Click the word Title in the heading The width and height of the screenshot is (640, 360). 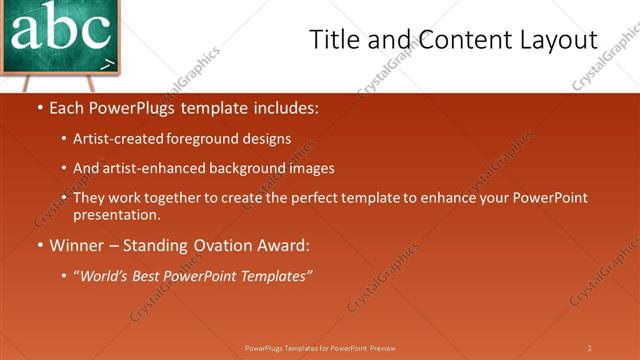point(334,40)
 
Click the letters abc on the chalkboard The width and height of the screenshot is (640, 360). point(60,30)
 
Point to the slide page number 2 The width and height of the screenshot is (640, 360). point(590,348)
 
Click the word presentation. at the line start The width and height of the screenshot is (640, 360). point(116,214)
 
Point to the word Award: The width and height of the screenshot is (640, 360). point(283,245)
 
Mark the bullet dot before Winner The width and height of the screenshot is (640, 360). point(39,245)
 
